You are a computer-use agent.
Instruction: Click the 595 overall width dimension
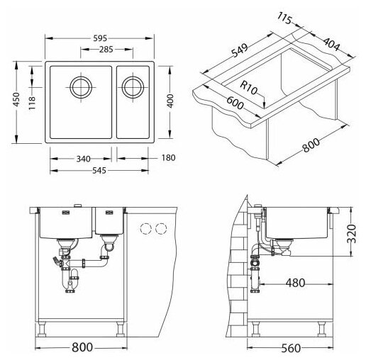(x=100, y=38)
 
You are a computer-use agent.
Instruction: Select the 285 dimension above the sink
(x=106, y=50)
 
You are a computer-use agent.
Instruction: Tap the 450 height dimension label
(x=16, y=99)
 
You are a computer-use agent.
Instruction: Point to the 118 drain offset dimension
(x=32, y=103)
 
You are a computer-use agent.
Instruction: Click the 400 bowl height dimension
(x=170, y=101)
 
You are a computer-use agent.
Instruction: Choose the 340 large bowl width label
(x=84, y=159)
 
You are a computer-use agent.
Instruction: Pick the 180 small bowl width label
(x=168, y=157)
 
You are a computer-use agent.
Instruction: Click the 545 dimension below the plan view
(x=99, y=170)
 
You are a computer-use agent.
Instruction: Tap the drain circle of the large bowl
(x=81, y=87)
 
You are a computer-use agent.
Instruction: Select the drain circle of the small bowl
(x=133, y=87)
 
